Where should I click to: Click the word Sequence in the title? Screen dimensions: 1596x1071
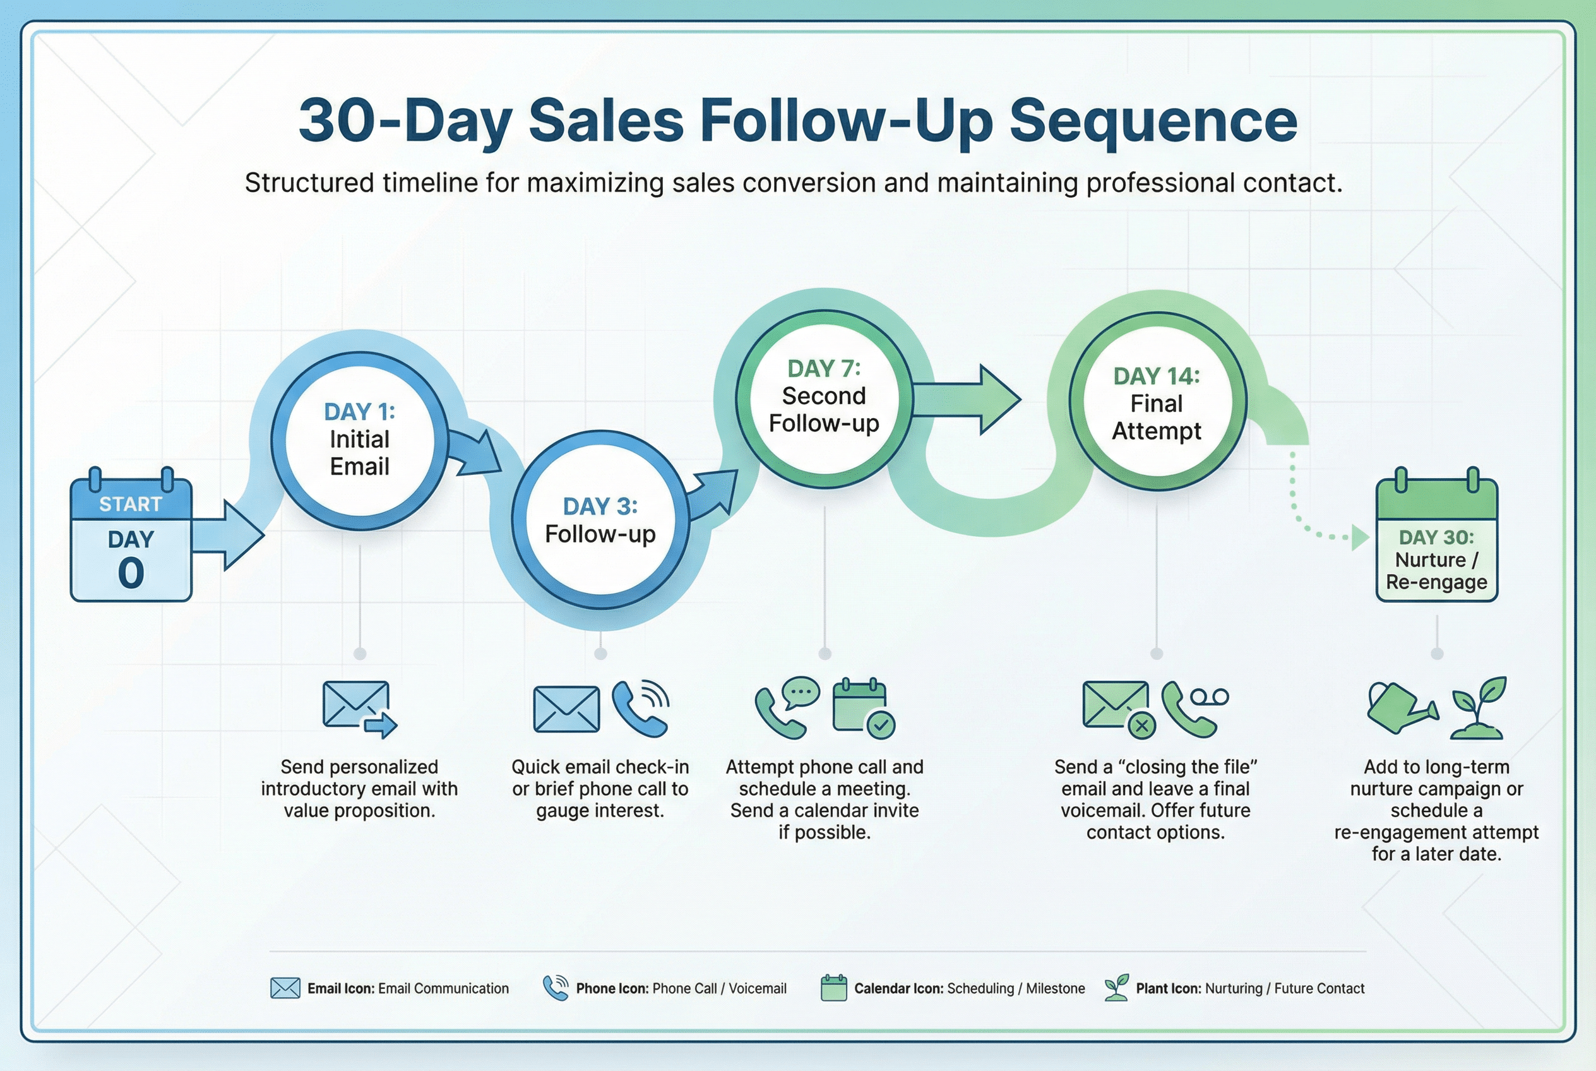click(1153, 122)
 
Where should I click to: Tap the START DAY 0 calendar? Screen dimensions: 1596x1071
click(131, 534)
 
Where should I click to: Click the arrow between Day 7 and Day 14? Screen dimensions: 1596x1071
click(967, 400)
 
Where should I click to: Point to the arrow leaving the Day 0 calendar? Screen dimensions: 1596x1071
click(228, 535)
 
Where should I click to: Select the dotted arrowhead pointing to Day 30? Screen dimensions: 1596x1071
click(1361, 537)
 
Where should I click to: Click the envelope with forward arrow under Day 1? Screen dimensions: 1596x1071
click(359, 709)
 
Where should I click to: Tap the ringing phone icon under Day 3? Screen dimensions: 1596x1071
click(641, 709)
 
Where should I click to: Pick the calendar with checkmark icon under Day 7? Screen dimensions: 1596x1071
click(864, 709)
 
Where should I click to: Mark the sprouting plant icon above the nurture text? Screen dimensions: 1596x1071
click(1479, 708)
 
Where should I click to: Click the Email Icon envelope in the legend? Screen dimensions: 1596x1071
click(285, 988)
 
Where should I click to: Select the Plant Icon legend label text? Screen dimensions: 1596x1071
click(1250, 988)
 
